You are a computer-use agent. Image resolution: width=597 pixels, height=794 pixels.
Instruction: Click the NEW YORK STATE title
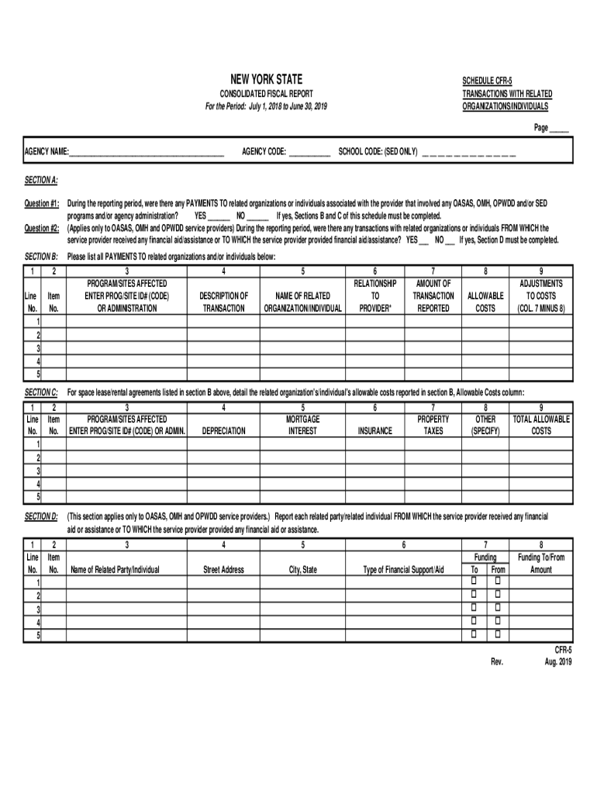(x=266, y=79)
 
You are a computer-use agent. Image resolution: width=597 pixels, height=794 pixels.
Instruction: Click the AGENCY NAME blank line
(x=147, y=152)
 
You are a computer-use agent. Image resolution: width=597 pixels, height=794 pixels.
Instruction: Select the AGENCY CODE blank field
(x=309, y=152)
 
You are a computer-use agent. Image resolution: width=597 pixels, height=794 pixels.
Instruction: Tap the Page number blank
(x=559, y=129)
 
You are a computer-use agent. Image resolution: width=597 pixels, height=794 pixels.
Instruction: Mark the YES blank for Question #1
(x=219, y=216)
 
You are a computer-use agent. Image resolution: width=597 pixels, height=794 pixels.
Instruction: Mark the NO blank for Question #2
(x=450, y=240)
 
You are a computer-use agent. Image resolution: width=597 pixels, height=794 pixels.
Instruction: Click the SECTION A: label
(x=41, y=180)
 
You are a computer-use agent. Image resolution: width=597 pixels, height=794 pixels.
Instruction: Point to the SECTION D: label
(x=41, y=516)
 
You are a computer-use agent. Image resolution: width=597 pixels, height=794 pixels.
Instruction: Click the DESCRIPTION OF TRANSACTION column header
(x=223, y=302)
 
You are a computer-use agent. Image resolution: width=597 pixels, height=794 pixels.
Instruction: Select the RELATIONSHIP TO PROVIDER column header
(x=375, y=295)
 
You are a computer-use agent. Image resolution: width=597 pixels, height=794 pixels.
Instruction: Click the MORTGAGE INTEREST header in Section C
(x=302, y=425)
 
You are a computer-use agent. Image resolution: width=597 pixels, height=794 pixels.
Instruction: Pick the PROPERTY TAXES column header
(x=433, y=425)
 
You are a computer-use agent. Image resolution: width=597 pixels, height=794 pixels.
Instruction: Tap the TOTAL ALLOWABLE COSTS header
(x=541, y=425)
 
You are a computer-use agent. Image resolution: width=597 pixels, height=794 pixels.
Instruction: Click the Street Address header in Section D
(x=223, y=570)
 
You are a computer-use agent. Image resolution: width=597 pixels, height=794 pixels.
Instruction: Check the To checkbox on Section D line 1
(x=474, y=582)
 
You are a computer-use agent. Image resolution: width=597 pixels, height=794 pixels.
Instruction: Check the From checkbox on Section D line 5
(x=498, y=635)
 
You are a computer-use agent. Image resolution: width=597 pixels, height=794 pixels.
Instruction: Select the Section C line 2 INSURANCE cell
(x=374, y=457)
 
